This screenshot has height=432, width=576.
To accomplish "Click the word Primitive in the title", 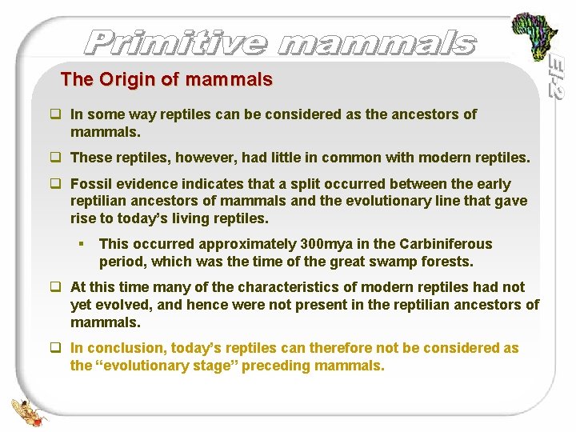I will coord(175,42).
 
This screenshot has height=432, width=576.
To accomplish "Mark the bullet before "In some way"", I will coord(57,114).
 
